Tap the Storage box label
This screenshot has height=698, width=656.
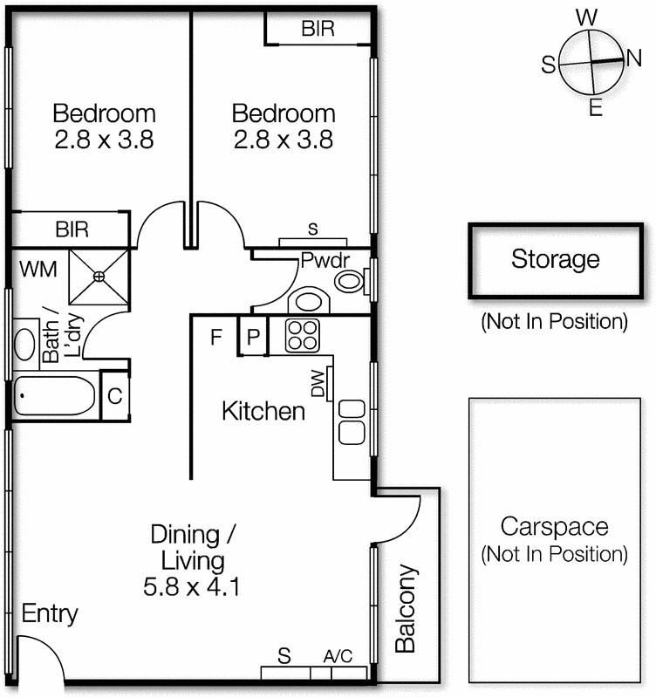555,259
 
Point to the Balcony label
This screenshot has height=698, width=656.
406,609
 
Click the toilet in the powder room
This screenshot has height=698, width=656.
349,281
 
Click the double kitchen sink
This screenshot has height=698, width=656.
351,421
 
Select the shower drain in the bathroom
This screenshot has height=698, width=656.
99,277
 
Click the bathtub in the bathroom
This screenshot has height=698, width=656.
55,398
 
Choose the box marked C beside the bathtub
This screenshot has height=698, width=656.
114,395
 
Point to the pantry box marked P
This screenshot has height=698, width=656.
252,337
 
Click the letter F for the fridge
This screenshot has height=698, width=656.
215,337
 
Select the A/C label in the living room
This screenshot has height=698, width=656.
337,656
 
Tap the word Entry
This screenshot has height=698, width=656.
50,613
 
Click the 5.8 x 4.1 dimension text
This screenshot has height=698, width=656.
192,587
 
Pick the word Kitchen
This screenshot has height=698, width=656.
263,411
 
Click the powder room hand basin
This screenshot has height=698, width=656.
307,301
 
